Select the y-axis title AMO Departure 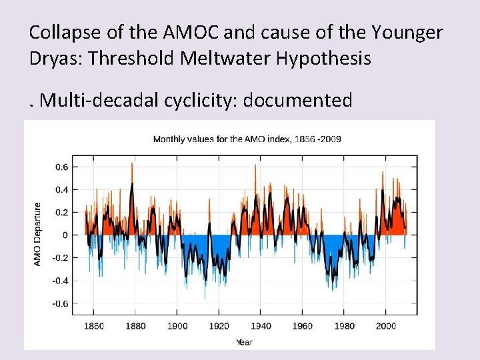(37, 235)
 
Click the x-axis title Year (244, 342)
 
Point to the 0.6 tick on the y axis (61, 167)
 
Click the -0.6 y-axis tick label (59, 303)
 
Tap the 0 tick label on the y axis (65, 235)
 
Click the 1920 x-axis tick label (219, 326)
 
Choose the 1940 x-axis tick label (261, 326)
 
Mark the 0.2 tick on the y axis (61, 212)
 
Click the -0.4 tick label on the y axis (59, 281)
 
